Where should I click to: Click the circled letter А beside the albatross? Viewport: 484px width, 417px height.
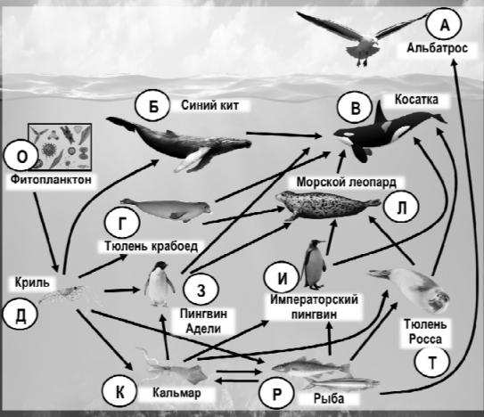444,24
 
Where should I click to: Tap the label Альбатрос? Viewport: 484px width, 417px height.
437,48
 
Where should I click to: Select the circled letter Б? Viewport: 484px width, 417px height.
152,107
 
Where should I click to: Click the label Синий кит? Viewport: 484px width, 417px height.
209,105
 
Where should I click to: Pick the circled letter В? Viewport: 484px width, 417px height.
355,109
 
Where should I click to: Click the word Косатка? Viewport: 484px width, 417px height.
416,100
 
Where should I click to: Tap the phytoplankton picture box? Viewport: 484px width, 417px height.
60,147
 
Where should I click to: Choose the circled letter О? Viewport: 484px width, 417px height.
21,157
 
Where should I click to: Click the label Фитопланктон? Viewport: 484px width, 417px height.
51,179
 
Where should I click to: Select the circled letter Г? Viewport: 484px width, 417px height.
122,223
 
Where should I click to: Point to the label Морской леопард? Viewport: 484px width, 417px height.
347,182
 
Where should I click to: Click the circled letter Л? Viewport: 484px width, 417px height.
401,208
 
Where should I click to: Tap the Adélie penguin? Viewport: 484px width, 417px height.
160,284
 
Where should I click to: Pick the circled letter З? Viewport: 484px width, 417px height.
201,290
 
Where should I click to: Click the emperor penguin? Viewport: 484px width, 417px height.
314,265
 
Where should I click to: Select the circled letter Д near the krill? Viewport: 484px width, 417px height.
21,315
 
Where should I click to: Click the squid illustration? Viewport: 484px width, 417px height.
173,367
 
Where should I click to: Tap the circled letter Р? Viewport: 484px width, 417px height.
277,393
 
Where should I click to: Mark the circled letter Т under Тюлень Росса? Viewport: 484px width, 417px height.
431,363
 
